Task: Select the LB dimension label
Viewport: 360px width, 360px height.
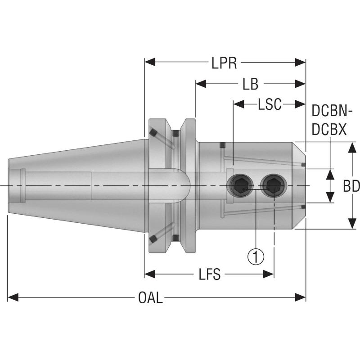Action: pos(250,84)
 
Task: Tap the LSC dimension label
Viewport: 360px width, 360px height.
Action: pos(269,104)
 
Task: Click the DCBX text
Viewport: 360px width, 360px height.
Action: pos(329,130)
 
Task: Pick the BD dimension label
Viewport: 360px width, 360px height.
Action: pos(351,186)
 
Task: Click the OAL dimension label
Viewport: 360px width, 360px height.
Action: pos(151,297)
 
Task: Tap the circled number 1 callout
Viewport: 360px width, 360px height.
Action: pos(256,257)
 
